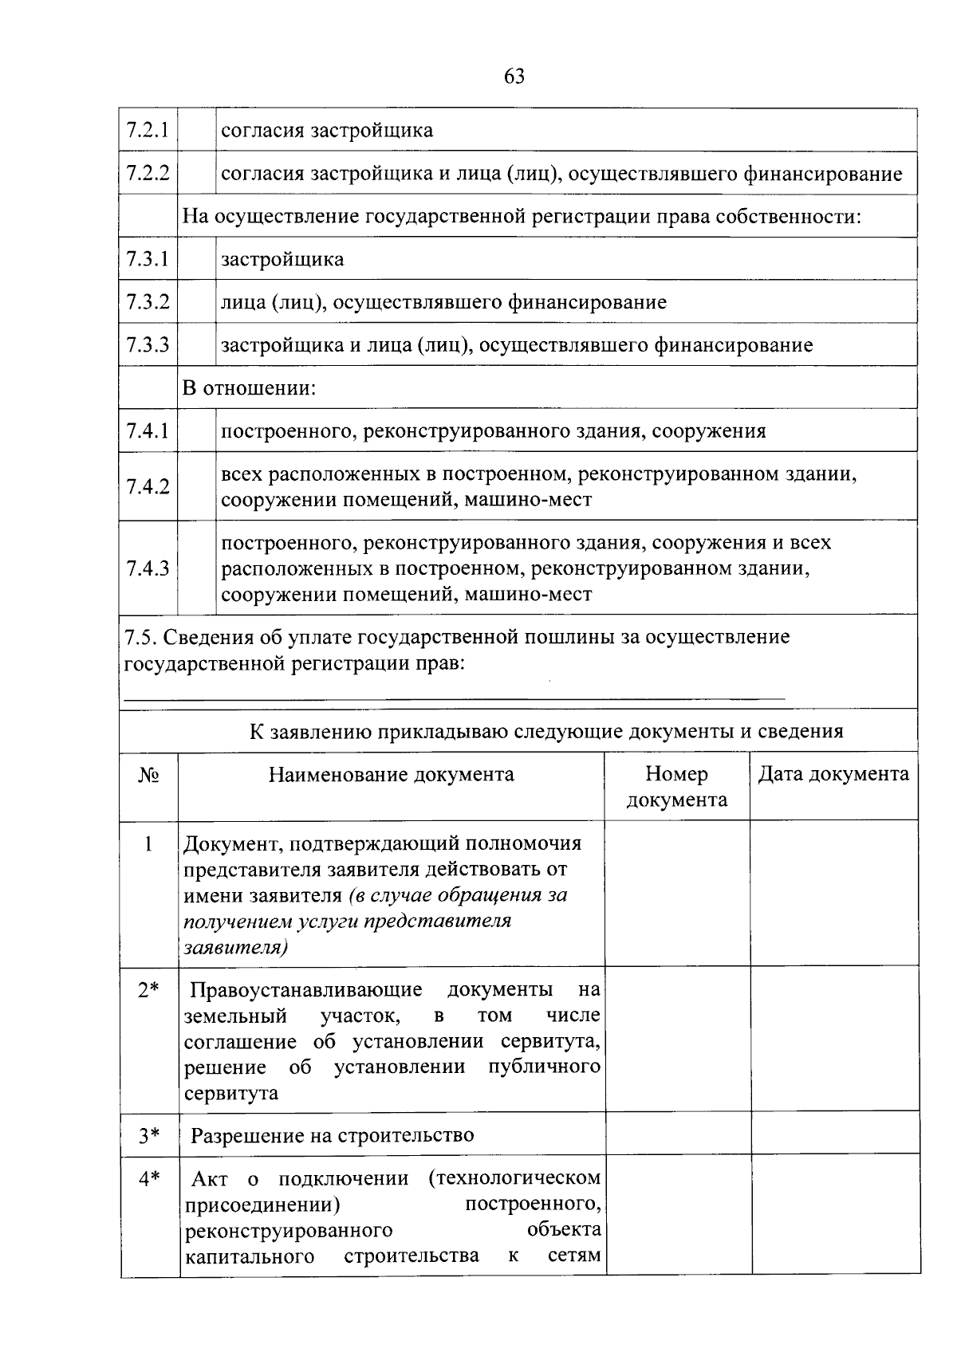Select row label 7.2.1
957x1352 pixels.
[x=148, y=130]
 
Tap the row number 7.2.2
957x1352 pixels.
[x=148, y=173]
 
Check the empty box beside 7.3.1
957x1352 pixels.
[x=197, y=259]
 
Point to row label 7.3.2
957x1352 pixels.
[x=148, y=302]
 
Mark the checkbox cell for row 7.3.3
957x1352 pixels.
[x=197, y=345]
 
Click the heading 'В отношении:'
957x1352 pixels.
[x=250, y=388]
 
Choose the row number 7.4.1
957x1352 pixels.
[x=148, y=431]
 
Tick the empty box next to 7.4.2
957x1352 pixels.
[x=197, y=487]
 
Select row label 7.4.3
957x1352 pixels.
[x=148, y=568]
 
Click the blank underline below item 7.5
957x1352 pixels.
[x=455, y=698]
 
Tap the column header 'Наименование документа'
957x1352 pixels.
[x=391, y=774]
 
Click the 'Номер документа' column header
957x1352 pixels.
[x=677, y=787]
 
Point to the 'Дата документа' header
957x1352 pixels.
[x=833, y=774]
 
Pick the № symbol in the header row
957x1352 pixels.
[x=148, y=775]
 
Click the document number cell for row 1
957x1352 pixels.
[x=677, y=894]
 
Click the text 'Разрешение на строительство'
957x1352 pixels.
[x=332, y=1135]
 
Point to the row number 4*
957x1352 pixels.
[x=148, y=1178]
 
